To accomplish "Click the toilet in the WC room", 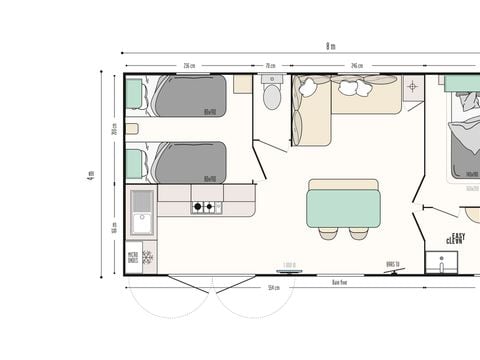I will click(x=270, y=97).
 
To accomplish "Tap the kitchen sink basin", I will click(x=142, y=220).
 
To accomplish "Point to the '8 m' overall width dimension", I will click(x=330, y=46).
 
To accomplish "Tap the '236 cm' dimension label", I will click(x=189, y=66).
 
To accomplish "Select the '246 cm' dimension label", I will click(x=355, y=66).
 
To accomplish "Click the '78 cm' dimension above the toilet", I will click(x=270, y=66).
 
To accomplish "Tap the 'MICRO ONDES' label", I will click(x=133, y=257).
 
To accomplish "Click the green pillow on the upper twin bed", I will click(x=134, y=93).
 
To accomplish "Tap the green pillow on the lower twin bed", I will click(x=134, y=163).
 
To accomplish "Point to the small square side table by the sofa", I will click(x=412, y=88).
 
